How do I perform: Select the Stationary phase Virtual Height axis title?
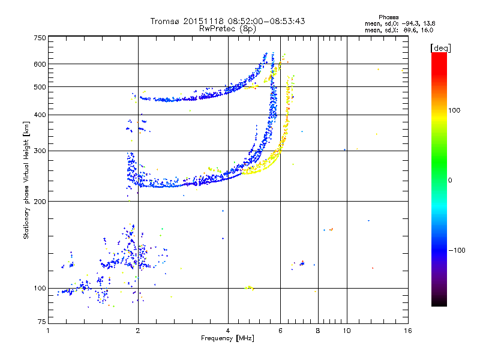pyautogui.click(x=26, y=180)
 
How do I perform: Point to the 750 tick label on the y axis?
pyautogui.click(x=40, y=37)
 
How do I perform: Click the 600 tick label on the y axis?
pyautogui.click(x=40, y=64)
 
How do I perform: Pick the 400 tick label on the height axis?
pyautogui.click(x=40, y=115)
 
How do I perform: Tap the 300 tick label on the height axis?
pyautogui.click(x=40, y=151)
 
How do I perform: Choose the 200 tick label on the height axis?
pyautogui.click(x=40, y=201)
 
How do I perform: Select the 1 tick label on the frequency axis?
pyautogui.click(x=48, y=331)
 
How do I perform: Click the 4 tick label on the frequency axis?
pyautogui.click(x=228, y=331)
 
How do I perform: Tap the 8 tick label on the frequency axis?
pyautogui.click(x=318, y=331)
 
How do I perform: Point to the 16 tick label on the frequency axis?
pyautogui.click(x=407, y=331)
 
